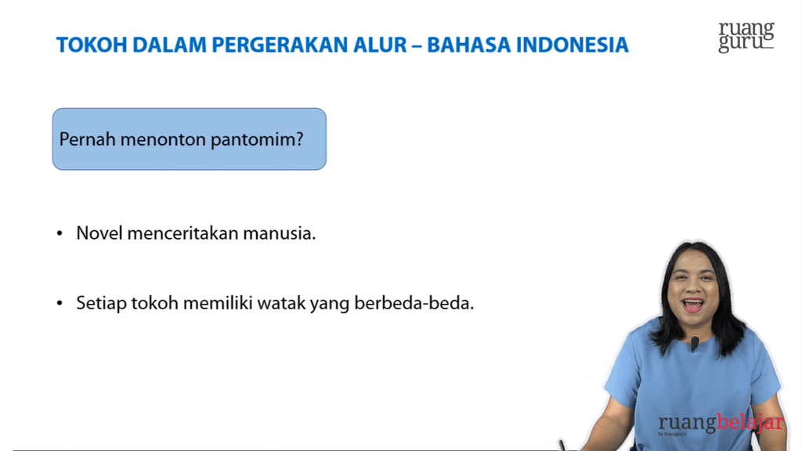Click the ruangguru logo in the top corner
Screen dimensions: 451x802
746,37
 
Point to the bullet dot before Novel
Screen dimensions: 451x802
60,234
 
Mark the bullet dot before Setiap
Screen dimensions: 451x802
60,304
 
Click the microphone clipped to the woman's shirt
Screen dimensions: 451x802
694,343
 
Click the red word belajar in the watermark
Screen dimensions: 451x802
750,424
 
